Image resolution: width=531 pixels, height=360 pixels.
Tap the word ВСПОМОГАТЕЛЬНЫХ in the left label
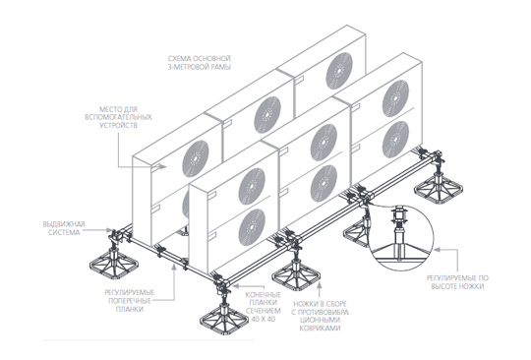[118, 117]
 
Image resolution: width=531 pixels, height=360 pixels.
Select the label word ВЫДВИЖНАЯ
[64, 224]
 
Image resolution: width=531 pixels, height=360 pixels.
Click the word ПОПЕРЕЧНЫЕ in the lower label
[130, 301]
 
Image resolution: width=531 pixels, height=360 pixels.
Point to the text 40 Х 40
[264, 319]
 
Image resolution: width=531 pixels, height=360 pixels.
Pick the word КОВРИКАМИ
[320, 328]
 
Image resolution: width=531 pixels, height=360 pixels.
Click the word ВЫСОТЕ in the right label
[443, 286]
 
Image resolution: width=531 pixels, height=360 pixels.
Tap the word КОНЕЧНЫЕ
[264, 294]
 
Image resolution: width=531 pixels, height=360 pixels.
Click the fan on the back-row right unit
[339, 71]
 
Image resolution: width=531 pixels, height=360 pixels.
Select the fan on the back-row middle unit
[267, 114]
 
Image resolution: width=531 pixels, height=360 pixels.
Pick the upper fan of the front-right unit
[395, 98]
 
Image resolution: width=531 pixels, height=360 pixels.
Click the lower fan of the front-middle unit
[324, 184]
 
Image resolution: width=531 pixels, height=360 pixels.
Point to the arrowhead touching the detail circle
[437, 250]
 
